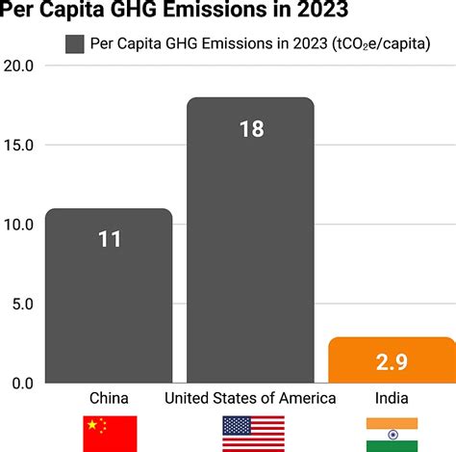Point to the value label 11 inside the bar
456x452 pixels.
tap(109, 238)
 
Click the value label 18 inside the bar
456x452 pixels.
tap(251, 128)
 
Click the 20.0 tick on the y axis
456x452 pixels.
tap(19, 66)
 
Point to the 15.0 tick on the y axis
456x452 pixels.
tap(19, 146)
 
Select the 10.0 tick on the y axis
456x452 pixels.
tap(19, 225)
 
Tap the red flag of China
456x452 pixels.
tap(110, 434)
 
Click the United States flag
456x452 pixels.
tap(253, 434)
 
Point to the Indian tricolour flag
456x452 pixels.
tap(392, 434)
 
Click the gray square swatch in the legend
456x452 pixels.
tap(75, 43)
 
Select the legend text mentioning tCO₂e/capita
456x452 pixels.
tap(260, 43)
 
